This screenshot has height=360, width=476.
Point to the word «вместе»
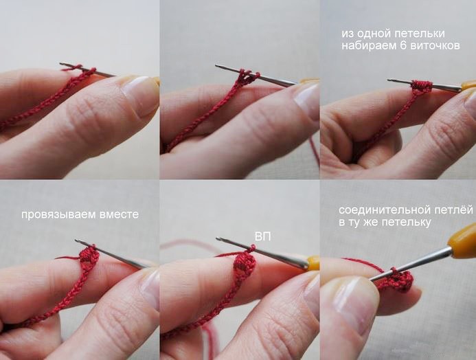tap(119, 214)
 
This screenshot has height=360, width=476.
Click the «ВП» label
tap(263, 236)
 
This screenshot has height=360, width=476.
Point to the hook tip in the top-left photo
tap(61, 64)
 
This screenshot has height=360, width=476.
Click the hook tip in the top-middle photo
tap(217, 65)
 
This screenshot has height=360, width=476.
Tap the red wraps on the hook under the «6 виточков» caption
tap(421, 85)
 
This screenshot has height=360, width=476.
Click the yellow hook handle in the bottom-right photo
tap(463, 240)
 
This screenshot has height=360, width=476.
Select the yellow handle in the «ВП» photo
tap(313, 263)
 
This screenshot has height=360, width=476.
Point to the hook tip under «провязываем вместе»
tap(76, 241)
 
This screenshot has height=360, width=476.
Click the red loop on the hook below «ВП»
tap(251, 249)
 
